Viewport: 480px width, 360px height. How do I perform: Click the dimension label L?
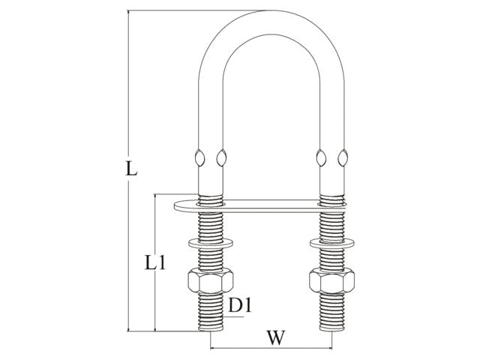pyautogui.click(x=131, y=169)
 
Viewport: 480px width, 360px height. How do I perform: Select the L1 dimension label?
pyautogui.click(x=155, y=262)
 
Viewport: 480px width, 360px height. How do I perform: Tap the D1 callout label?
pyautogui.click(x=240, y=305)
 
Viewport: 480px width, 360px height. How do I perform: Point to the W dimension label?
pyautogui.click(x=276, y=337)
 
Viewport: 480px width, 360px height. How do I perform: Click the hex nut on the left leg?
pyautogui.click(x=211, y=280)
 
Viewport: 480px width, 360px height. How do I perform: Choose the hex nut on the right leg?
pyautogui.click(x=331, y=280)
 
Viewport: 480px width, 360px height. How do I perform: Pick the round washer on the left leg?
pyautogui.click(x=211, y=243)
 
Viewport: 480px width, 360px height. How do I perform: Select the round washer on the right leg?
pyautogui.click(x=331, y=243)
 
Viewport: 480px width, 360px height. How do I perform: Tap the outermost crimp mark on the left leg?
pyautogui.click(x=199, y=158)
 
